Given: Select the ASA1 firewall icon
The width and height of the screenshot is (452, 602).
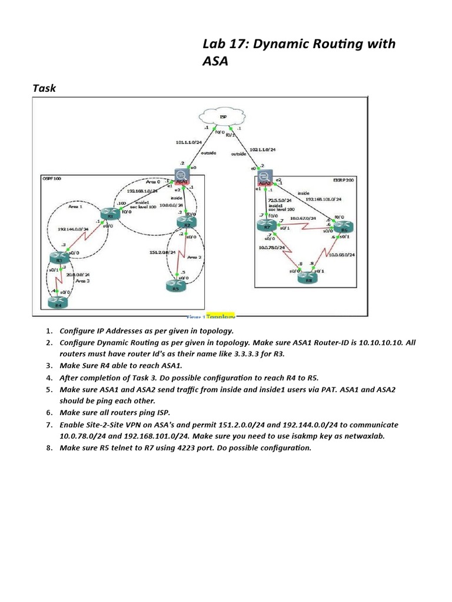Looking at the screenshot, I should [x=181, y=178].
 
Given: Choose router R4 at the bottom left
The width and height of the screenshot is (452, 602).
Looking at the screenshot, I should [x=58, y=302].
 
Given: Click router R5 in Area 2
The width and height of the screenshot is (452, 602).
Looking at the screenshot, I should [x=176, y=286].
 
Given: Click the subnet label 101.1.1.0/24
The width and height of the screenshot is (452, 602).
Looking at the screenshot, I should [x=188, y=142].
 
